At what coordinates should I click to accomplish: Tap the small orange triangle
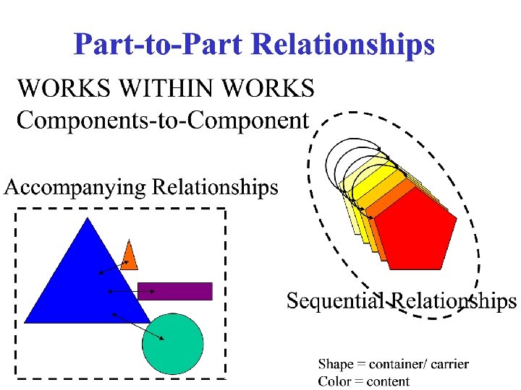[x=130, y=257]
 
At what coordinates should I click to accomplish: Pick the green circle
[x=172, y=343]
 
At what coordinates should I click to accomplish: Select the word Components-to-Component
[x=163, y=120]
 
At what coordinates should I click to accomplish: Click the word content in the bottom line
[x=388, y=382]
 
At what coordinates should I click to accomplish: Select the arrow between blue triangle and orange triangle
[x=114, y=267]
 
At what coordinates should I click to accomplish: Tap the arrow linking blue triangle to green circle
[x=137, y=326]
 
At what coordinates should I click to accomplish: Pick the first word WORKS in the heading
[x=61, y=90]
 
